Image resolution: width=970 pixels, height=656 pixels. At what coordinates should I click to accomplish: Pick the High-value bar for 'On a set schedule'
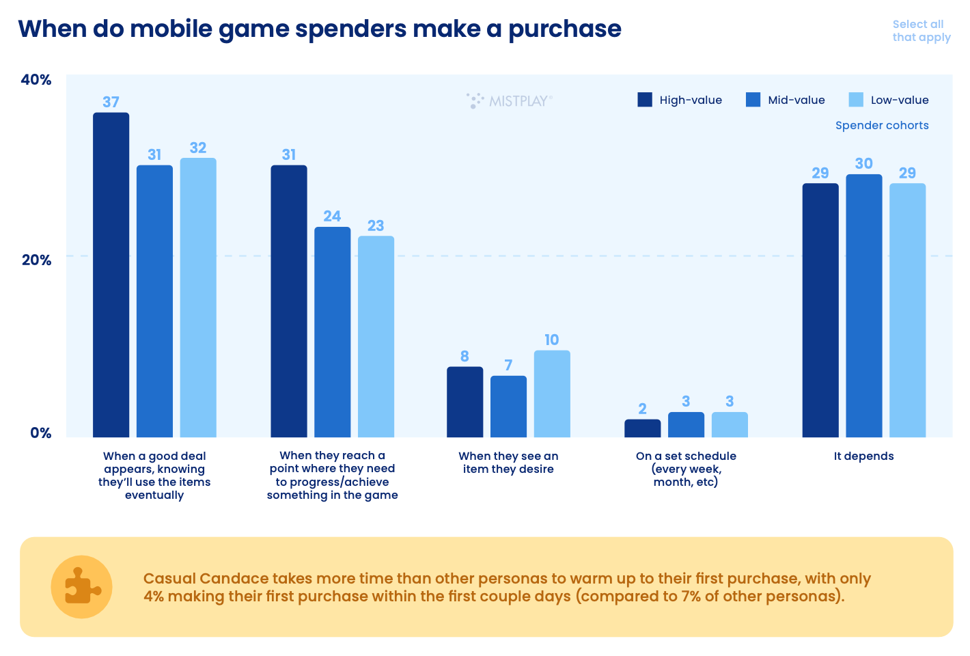642,428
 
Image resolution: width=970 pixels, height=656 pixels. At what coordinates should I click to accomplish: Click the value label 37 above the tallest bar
111,102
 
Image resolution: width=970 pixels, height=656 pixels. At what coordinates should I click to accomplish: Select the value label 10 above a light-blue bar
552,340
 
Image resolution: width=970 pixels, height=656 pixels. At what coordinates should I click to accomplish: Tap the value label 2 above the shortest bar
642,409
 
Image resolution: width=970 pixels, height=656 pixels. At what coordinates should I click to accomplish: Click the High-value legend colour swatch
645,100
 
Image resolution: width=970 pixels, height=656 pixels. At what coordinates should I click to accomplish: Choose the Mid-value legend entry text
796,100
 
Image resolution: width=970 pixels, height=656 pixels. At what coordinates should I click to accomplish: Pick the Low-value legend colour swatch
856,100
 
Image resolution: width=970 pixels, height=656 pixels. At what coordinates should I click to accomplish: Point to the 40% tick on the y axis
36,80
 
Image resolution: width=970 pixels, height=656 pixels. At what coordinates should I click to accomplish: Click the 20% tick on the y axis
36,260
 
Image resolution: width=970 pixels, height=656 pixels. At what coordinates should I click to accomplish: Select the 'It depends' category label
863,456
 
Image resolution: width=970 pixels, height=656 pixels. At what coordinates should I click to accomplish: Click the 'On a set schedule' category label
686,469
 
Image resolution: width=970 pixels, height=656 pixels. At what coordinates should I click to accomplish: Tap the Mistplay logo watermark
509,101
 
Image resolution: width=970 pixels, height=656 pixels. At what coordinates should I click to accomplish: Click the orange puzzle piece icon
82,587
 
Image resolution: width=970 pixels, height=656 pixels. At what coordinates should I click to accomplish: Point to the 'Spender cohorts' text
881,126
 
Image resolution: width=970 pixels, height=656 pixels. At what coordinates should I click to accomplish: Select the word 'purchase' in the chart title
564,29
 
